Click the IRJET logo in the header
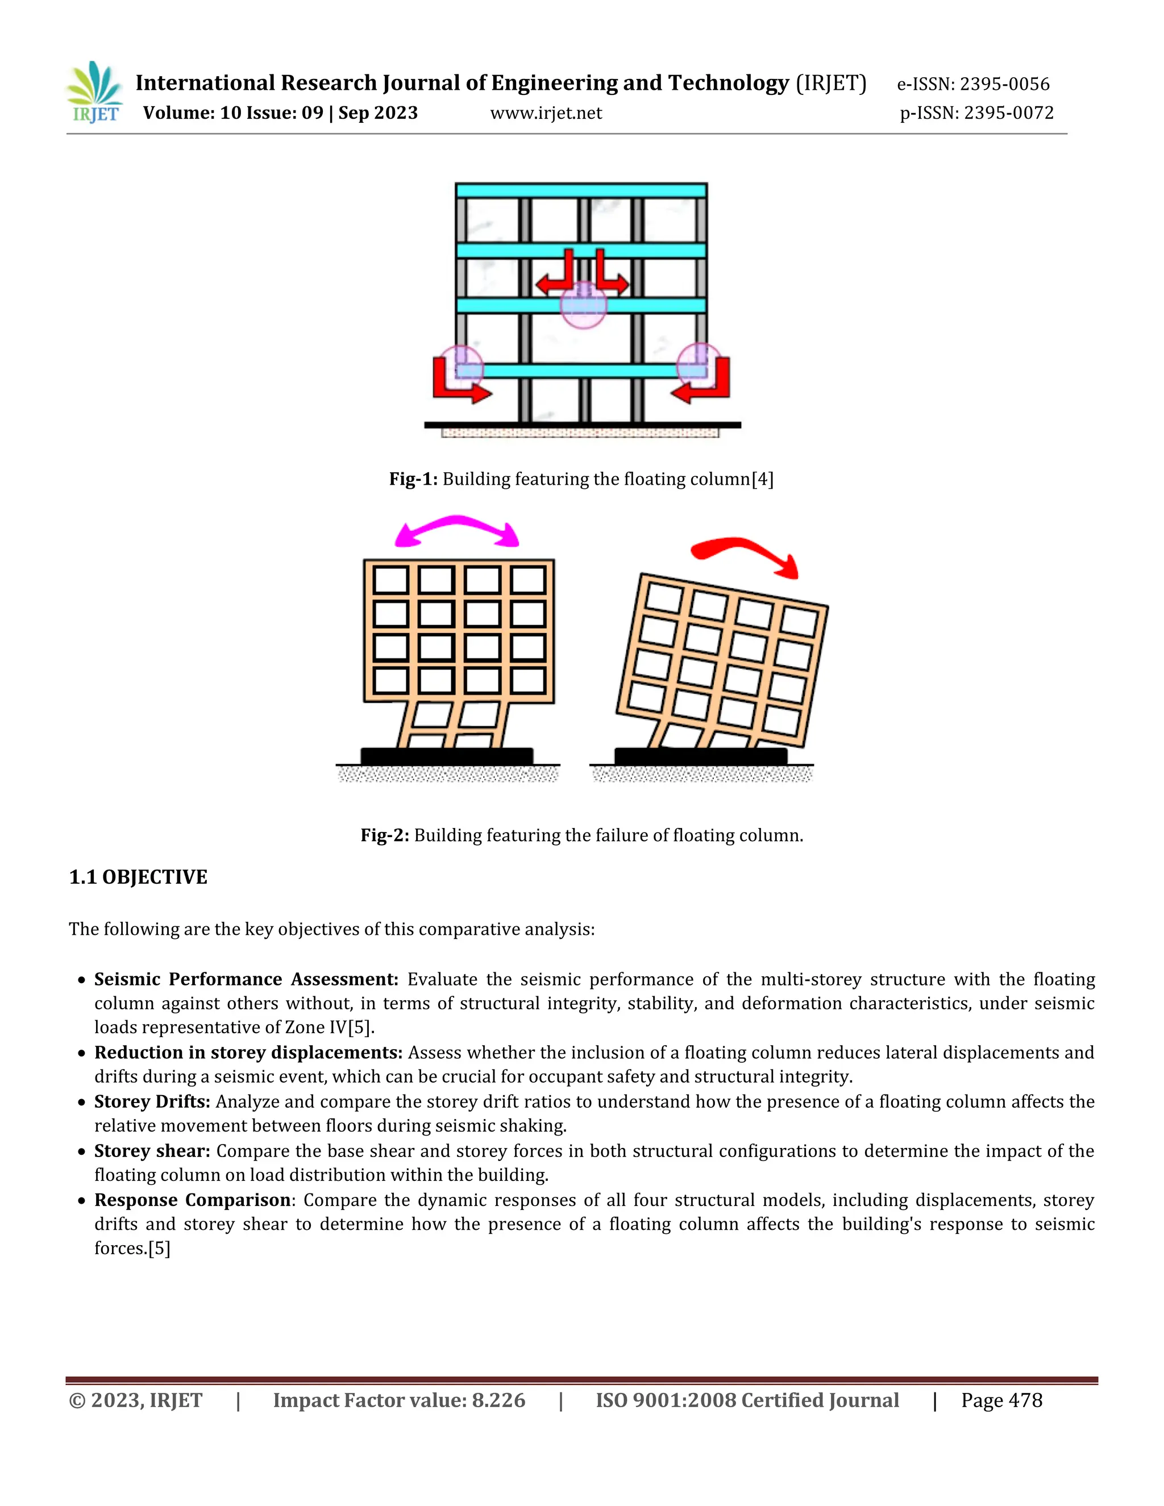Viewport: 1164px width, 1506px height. [95, 93]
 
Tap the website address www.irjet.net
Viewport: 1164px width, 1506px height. [546, 113]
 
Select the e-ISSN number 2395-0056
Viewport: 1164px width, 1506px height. [1004, 84]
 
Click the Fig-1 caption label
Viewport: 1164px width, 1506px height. [413, 479]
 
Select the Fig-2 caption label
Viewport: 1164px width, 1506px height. [385, 836]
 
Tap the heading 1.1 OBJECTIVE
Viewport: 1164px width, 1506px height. [138, 877]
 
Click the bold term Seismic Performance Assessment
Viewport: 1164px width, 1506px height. [246, 979]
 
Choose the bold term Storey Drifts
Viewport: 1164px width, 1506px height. [152, 1101]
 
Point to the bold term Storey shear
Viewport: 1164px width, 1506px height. [152, 1151]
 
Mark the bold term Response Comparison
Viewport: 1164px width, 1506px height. [193, 1200]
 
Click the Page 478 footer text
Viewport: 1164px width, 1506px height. [1001, 1400]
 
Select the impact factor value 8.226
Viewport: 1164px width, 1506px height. [498, 1400]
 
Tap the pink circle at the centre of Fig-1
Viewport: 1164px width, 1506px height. [583, 305]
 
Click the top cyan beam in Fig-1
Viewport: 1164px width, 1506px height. [581, 190]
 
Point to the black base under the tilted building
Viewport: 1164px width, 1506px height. [701, 756]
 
